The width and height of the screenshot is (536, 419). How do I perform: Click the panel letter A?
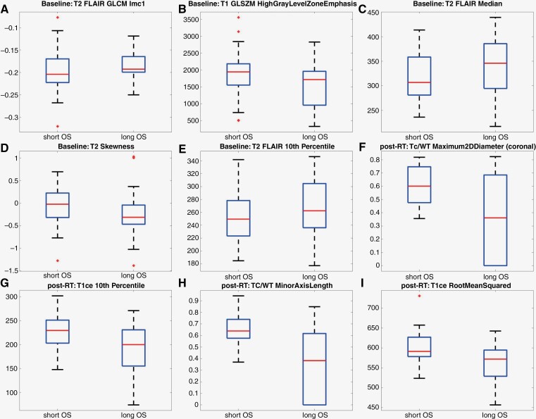point(4,8)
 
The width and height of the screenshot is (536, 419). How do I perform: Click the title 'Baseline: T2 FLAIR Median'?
point(457,4)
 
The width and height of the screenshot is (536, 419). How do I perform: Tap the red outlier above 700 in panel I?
point(419,296)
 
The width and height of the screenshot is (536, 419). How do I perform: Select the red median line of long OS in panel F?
point(495,218)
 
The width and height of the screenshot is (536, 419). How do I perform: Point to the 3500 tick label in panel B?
point(191,20)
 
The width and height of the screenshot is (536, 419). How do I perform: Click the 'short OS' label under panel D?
point(57,275)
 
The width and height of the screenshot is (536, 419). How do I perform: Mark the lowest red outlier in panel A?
point(58,127)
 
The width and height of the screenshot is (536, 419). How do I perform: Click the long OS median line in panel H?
point(315,361)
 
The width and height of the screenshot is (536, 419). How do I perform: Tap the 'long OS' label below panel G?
point(133,415)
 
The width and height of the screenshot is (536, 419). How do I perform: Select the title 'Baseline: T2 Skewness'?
point(96,146)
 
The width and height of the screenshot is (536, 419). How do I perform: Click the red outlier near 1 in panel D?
point(133,157)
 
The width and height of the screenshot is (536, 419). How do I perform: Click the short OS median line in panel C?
point(419,82)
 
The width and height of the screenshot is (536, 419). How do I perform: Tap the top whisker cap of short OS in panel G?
point(58,296)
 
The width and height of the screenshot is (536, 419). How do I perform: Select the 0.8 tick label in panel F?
point(375,159)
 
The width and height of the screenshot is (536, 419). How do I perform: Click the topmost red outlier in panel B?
point(238,17)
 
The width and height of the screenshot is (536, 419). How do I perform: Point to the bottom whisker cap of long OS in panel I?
point(495,405)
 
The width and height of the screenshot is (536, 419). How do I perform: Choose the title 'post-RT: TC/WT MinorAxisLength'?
point(277,285)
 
